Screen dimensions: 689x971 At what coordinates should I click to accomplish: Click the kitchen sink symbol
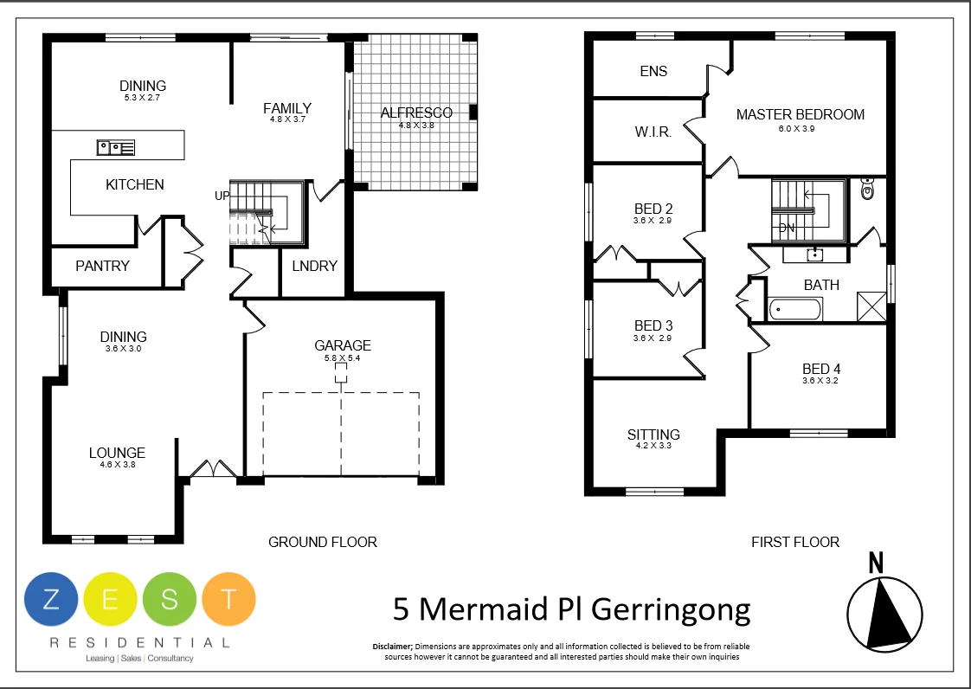(115, 147)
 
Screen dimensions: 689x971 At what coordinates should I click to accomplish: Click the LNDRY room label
(314, 266)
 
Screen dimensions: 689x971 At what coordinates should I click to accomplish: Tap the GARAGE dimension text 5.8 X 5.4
(343, 357)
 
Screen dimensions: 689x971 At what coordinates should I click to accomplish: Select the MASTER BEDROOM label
(800, 114)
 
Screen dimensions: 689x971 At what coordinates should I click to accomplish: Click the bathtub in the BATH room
(794, 308)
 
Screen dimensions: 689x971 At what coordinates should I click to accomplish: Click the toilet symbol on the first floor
(867, 190)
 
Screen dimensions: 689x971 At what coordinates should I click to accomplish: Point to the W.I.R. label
(653, 132)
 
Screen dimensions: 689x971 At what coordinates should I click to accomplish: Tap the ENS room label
(653, 71)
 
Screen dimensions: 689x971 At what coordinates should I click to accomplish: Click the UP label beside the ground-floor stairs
(222, 196)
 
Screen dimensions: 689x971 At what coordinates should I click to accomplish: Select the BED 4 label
(821, 368)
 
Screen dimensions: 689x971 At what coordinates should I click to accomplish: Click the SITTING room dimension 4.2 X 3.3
(653, 447)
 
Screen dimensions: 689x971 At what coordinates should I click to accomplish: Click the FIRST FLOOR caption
(794, 542)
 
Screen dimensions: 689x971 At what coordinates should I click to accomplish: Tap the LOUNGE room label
(117, 453)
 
